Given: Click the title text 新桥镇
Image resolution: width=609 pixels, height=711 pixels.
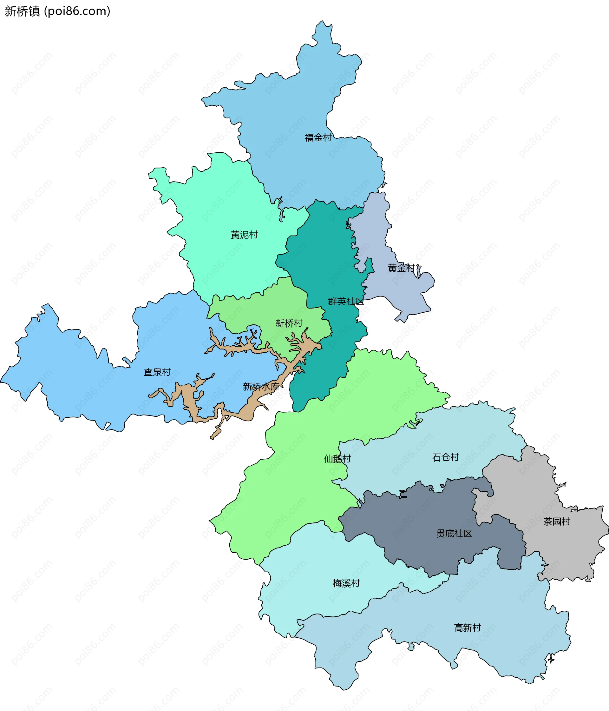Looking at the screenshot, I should (x=22, y=11).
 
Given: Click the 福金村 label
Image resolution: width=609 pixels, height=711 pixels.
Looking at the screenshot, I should (x=318, y=138).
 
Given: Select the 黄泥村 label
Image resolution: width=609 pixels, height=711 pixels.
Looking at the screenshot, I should (x=244, y=235).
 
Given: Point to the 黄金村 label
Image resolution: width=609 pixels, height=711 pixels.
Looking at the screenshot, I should (x=401, y=268).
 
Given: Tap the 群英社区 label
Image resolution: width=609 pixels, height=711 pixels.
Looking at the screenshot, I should (x=346, y=301).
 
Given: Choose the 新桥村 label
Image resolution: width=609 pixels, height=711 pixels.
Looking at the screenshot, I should (x=289, y=323).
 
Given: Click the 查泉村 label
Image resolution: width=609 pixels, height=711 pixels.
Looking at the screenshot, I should (x=157, y=372).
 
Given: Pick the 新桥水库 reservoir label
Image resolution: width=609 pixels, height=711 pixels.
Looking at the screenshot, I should (x=261, y=387).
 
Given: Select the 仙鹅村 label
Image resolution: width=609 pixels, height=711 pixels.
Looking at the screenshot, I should (x=337, y=459).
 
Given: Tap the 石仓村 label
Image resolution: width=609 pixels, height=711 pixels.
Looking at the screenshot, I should (x=445, y=457).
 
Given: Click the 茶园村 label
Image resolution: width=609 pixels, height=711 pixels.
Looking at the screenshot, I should (x=557, y=522).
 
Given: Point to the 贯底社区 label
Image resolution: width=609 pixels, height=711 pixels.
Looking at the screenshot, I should (x=454, y=533).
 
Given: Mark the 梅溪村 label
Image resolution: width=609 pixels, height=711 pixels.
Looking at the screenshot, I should (x=346, y=583).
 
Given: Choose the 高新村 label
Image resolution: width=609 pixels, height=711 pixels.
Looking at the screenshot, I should (x=468, y=628).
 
